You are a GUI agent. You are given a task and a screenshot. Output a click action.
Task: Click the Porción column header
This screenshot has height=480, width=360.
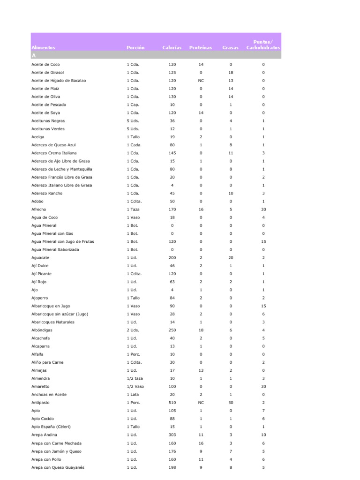click(135, 48)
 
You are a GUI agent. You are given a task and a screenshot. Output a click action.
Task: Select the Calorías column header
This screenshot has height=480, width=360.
click(172, 48)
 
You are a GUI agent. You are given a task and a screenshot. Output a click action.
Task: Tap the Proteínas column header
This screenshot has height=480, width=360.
click(201, 48)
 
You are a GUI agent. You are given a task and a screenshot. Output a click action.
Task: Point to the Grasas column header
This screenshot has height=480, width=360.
click(230, 48)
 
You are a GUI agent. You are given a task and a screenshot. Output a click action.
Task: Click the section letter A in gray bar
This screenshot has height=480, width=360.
click(33, 55)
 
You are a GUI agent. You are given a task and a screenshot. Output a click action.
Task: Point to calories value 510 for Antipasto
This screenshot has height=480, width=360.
click(172, 403)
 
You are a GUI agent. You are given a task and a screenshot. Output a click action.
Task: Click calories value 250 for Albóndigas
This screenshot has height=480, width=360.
click(172, 330)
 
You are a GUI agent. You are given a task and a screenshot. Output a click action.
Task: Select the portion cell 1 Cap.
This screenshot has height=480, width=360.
click(133, 105)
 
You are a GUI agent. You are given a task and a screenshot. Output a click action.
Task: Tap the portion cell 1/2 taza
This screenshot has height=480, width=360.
click(134, 378)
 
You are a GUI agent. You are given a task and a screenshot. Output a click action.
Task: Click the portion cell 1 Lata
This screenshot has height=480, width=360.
click(133, 395)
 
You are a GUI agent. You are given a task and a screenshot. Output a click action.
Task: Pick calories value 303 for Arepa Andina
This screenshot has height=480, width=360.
click(172, 435)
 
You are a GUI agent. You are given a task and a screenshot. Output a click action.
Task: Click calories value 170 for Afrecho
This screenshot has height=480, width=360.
click(172, 210)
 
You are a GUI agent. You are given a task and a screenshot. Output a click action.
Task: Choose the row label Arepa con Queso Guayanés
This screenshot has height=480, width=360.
click(58, 467)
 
